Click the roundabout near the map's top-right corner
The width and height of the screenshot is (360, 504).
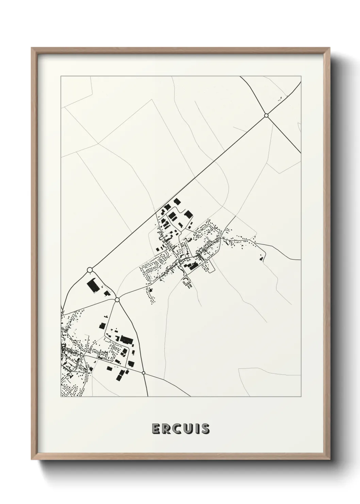pyautogui.click(x=266, y=115)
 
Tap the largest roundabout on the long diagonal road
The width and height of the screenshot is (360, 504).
pyautogui.click(x=90, y=270)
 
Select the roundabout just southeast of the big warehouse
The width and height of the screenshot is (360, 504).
pyautogui.click(x=117, y=300)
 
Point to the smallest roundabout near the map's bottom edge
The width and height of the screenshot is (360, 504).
pyautogui.click(x=144, y=373)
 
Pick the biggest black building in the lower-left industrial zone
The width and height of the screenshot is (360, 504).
pyautogui.click(x=126, y=339)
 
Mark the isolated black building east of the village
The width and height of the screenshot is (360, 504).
pyautogui.click(x=261, y=259)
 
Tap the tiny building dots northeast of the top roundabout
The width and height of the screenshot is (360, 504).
pyautogui.click(x=281, y=98)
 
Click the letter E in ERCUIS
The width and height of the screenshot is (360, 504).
pyautogui.click(x=157, y=429)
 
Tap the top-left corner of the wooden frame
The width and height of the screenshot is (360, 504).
pyautogui.click(x=32, y=48)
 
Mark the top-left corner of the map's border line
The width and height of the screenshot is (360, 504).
pyautogui.click(x=61, y=76)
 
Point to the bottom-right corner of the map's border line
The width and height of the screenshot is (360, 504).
pyautogui.click(x=301, y=397)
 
